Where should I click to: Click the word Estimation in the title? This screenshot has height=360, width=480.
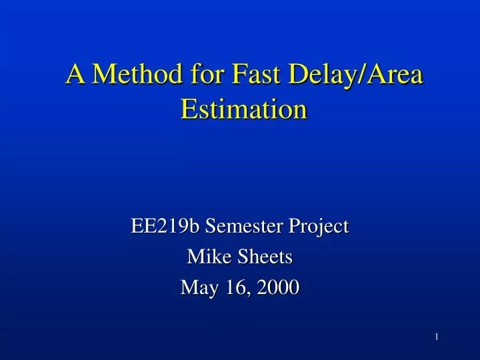244,109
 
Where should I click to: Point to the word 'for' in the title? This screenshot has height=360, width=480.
205,75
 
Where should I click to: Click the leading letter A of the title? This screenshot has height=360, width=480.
75,75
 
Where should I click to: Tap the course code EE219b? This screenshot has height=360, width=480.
166,227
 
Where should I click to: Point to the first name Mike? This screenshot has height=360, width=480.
205,257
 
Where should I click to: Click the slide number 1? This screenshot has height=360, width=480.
437,337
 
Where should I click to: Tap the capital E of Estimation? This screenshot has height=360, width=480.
189,109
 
